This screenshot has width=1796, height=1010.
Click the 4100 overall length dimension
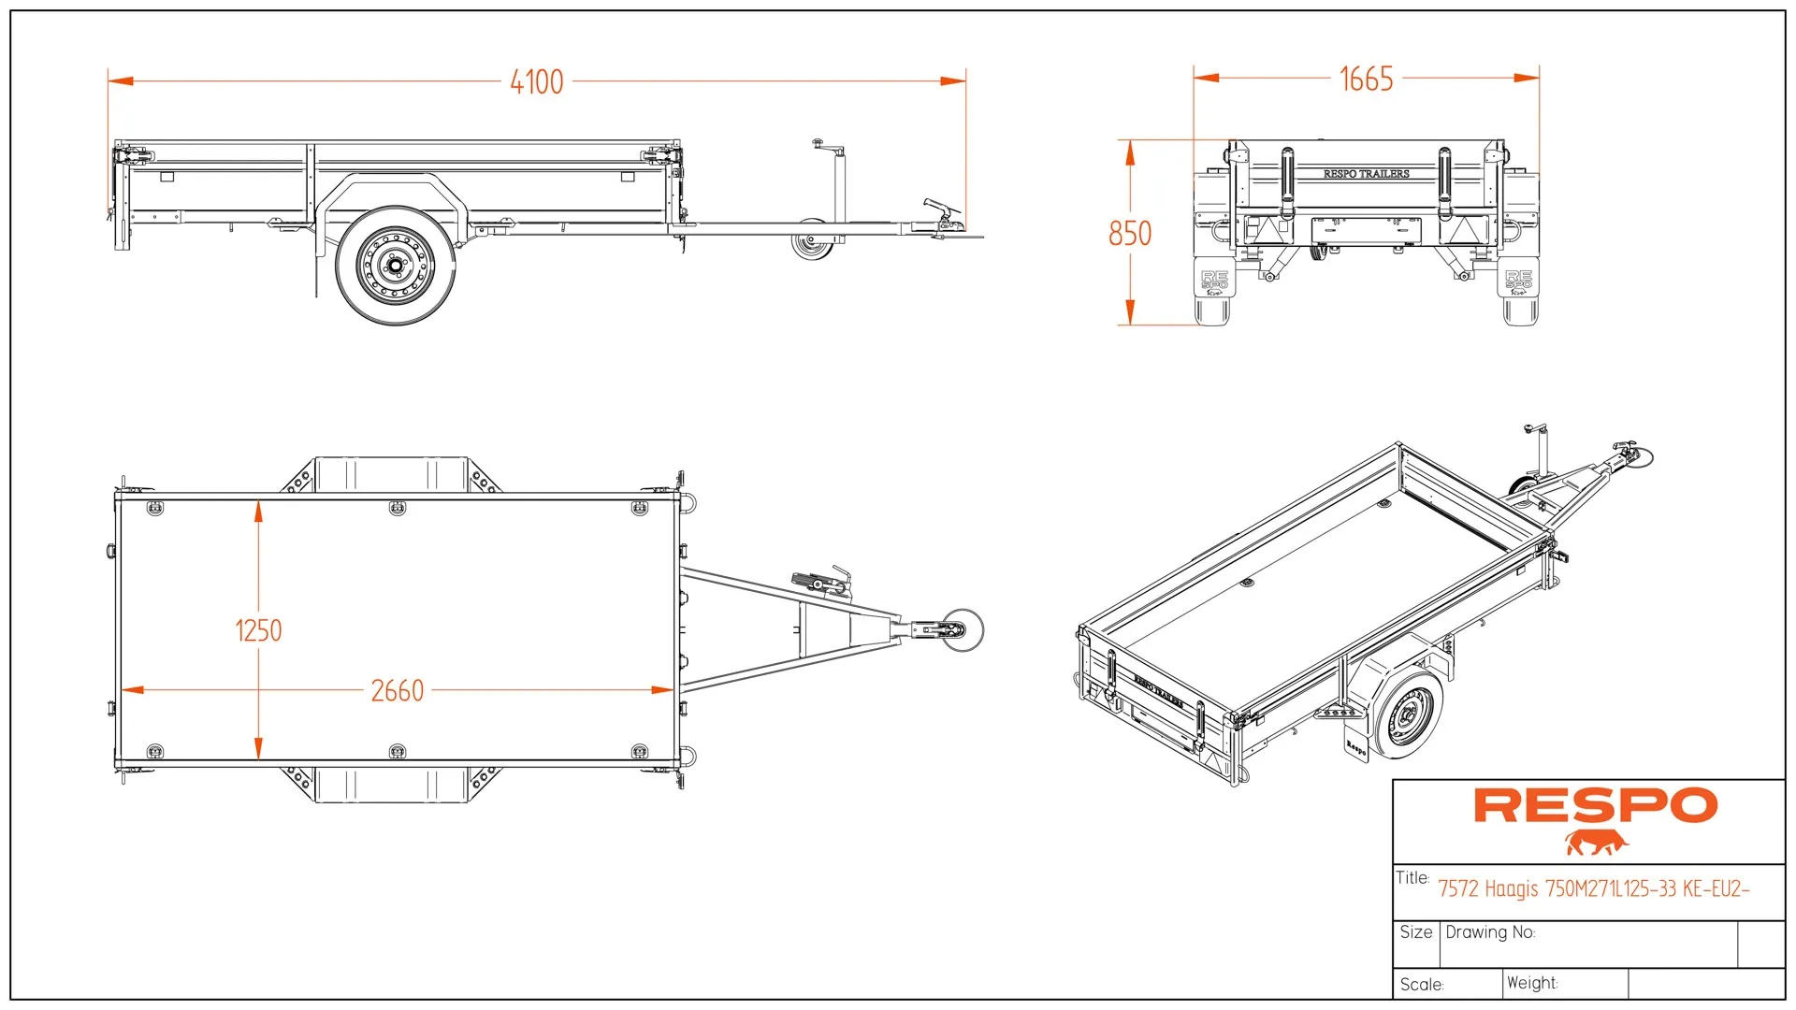coord(537,82)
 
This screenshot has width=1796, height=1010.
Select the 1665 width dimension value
coord(1366,79)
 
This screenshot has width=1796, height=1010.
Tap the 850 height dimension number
coord(1130,234)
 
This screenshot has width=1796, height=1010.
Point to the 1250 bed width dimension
coord(258,631)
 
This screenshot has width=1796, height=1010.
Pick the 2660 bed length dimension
coord(398,691)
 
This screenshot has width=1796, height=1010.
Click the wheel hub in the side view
coord(396,267)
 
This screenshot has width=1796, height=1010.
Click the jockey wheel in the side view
coord(810,245)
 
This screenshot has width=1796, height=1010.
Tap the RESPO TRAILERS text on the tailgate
coord(1366,174)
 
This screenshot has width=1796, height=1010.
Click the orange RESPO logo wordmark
coord(1596,805)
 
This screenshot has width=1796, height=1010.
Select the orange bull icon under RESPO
coord(1596,843)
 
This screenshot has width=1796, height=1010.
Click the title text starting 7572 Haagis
coord(1593,888)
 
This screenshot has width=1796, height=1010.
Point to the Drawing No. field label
coord(1490,932)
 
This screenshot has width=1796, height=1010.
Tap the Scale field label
coord(1422,985)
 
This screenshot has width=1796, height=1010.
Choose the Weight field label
coord(1532,983)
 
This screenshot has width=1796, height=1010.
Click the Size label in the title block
coord(1416,932)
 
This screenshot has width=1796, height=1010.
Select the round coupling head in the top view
coord(962,629)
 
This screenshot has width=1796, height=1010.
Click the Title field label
coord(1412,878)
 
